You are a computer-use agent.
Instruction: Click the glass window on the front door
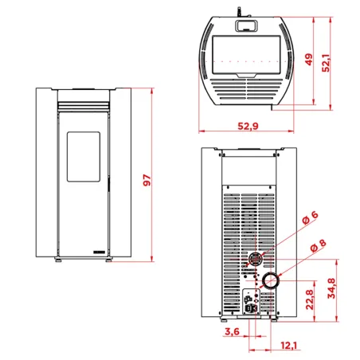[83, 155]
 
